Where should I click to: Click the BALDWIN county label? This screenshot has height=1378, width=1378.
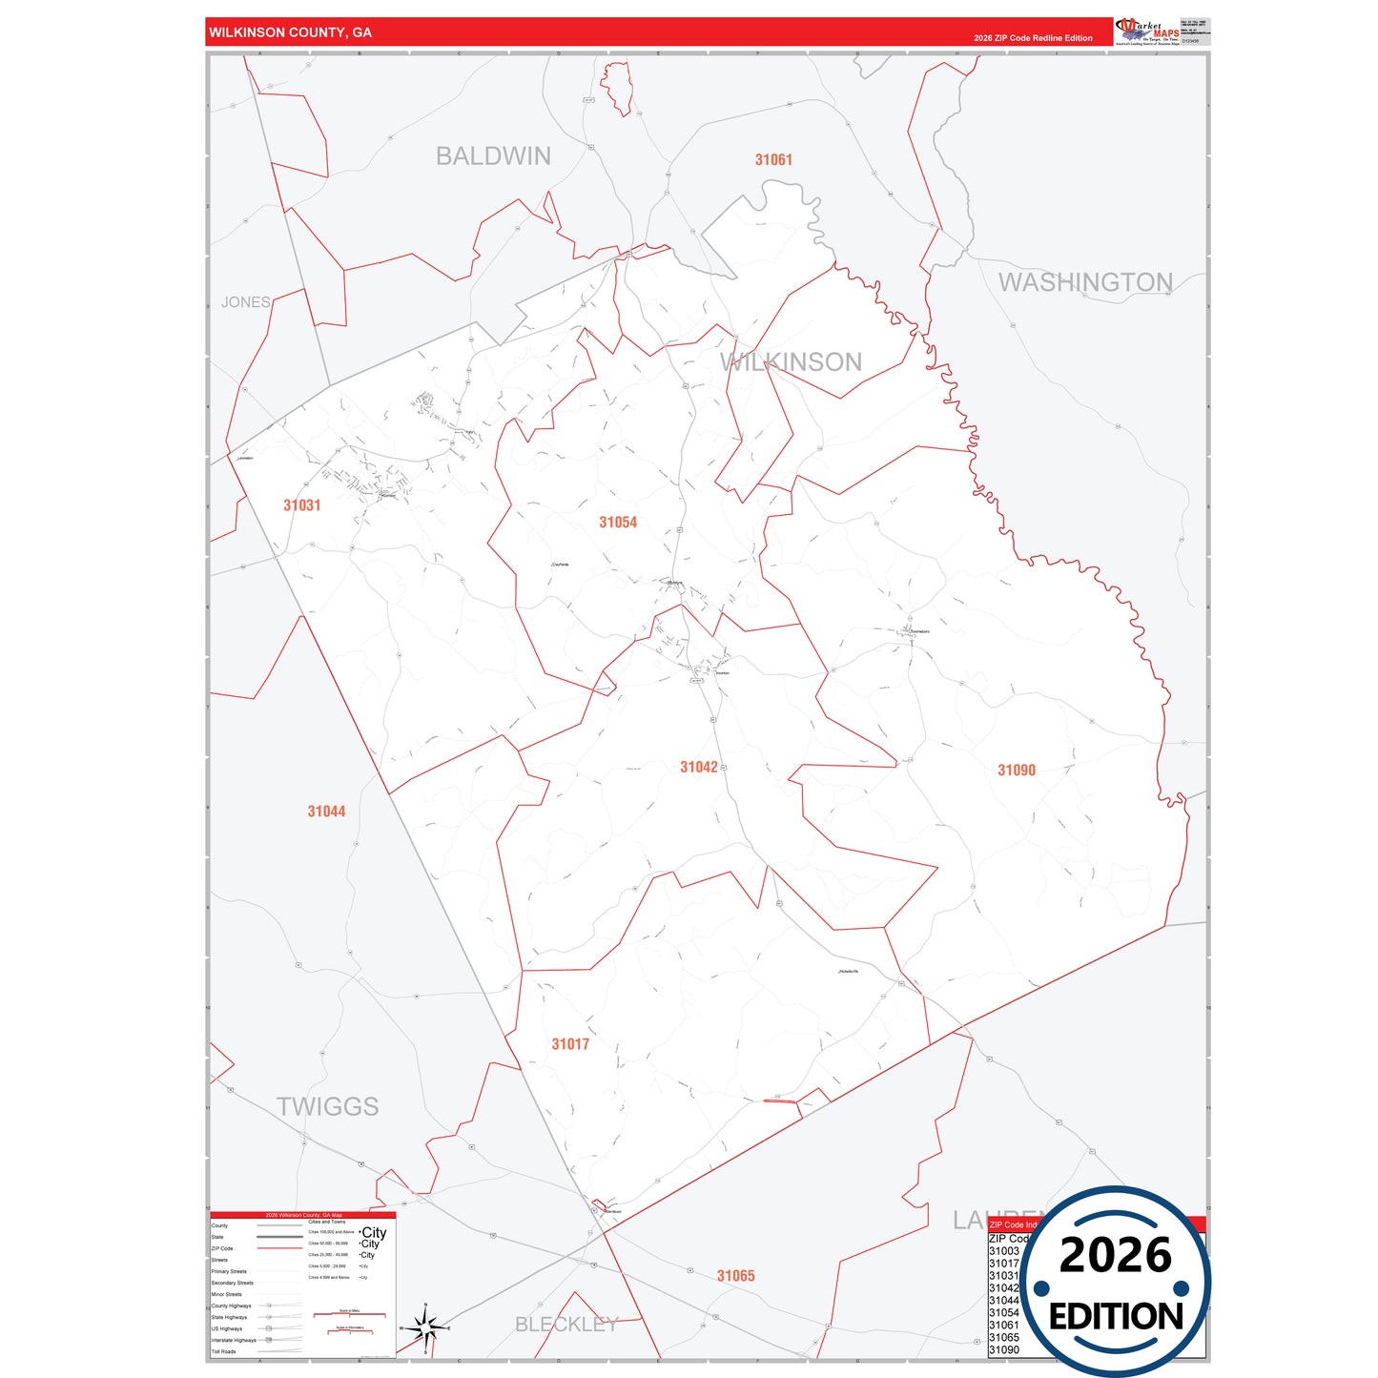[x=493, y=156]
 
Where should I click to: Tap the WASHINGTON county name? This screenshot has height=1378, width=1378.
[x=1085, y=282]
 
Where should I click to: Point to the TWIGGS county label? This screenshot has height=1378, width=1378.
[x=327, y=1106]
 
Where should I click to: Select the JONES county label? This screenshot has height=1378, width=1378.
[x=246, y=302]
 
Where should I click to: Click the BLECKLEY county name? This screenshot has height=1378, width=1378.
[x=566, y=1325]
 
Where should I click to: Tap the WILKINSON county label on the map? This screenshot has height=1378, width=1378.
[x=792, y=362]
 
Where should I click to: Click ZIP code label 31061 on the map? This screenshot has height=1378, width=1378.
[x=773, y=160]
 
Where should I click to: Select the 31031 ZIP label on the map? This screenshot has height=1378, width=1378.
[x=301, y=505]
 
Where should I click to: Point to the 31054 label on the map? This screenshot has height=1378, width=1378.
[x=618, y=523]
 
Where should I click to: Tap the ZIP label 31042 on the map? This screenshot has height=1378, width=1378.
[x=699, y=768]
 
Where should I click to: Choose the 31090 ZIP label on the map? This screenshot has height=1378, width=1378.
[x=1017, y=771]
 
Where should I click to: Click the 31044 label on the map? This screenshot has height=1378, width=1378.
[x=326, y=812]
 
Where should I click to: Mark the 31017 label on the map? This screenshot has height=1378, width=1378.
[x=570, y=1044]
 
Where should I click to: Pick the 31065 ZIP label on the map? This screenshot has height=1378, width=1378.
[x=736, y=1276]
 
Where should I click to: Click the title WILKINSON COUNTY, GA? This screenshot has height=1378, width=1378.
[x=291, y=32]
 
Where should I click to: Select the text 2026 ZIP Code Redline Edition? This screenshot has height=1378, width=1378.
[x=1033, y=38]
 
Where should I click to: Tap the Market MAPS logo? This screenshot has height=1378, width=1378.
[x=1147, y=31]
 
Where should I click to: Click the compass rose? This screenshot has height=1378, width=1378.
[x=425, y=1327]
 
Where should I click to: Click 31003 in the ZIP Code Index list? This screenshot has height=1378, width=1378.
[x=1004, y=1251]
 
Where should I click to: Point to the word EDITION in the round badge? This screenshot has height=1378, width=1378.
[x=1116, y=1317]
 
